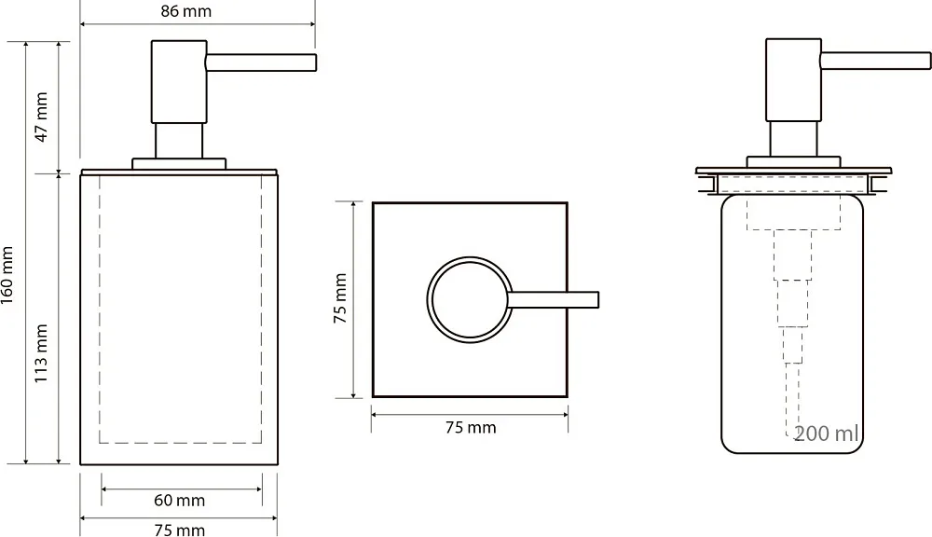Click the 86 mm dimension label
(x=186, y=11)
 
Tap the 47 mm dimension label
(x=41, y=117)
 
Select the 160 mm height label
(x=7, y=275)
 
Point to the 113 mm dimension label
(x=40, y=353)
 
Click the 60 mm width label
(x=180, y=500)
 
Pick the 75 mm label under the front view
(x=180, y=530)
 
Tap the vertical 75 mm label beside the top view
(x=340, y=298)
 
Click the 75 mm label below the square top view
(x=471, y=427)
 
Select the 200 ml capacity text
(x=826, y=434)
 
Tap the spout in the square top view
(x=554, y=299)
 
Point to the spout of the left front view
(x=261, y=62)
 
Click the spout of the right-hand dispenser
(x=875, y=61)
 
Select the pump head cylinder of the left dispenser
(x=179, y=82)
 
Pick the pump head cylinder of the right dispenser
(x=793, y=79)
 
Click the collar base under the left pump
(x=179, y=163)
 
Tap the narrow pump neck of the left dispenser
(x=179, y=141)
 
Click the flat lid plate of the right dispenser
(x=793, y=171)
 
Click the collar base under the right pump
(x=793, y=162)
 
